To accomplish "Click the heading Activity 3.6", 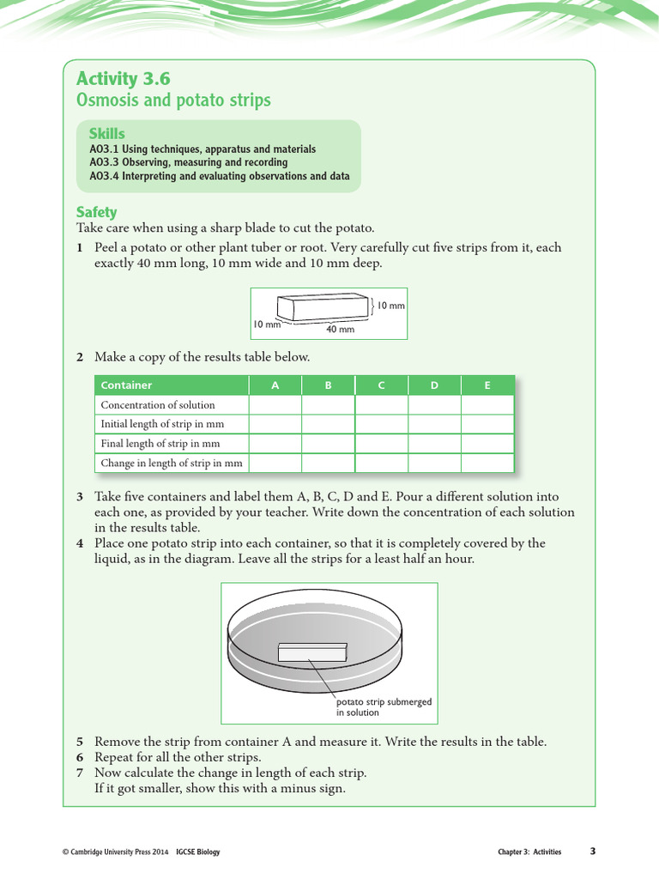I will [x=123, y=79].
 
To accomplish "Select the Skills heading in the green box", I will [x=106, y=134].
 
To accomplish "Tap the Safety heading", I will [x=96, y=212].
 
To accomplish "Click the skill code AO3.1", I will [x=103, y=149].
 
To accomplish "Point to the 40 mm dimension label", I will [x=340, y=330].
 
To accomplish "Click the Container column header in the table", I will [x=126, y=385].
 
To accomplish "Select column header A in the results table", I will [x=275, y=385].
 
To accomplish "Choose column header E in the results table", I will [x=487, y=385].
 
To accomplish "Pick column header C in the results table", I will [x=381, y=385].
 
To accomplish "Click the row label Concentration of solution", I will [x=158, y=405].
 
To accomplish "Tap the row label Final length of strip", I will [x=160, y=444].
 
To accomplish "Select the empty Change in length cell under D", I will [x=434, y=464].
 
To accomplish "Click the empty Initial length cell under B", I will [x=328, y=424].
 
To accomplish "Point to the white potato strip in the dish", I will [x=311, y=652].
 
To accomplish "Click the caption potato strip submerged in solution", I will [x=384, y=706].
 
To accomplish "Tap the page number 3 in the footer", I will [x=592, y=852].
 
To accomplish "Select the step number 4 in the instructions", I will [x=79, y=543].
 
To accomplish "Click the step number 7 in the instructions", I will [x=79, y=773].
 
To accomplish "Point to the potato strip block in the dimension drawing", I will [x=323, y=308].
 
